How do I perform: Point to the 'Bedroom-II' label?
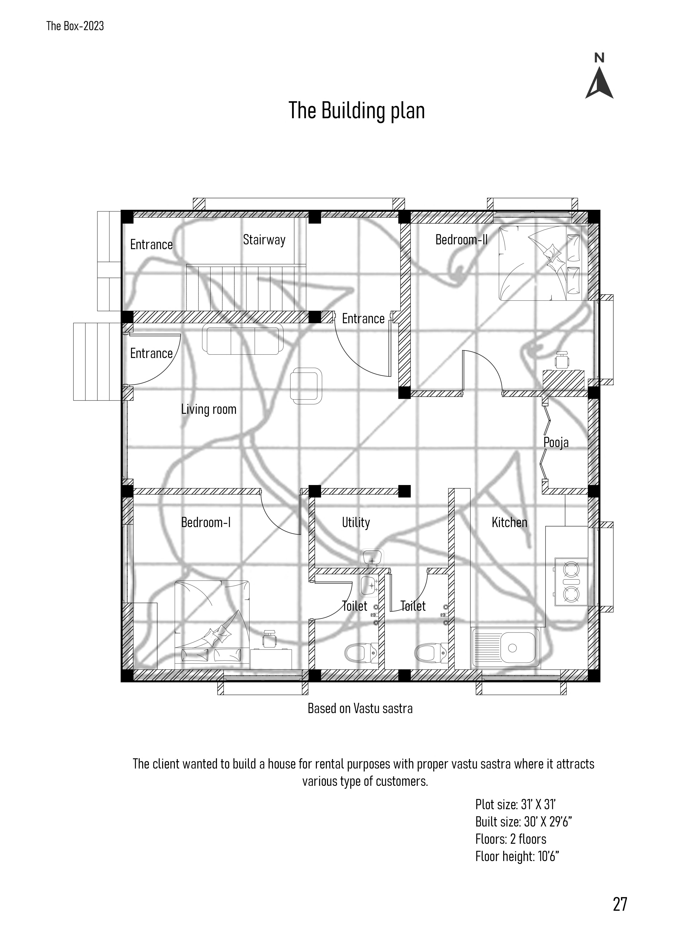(461, 240)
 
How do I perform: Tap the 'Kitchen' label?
(509, 522)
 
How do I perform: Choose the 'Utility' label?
(356, 522)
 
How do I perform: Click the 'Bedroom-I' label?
(205, 522)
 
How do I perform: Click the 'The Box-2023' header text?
(75, 26)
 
